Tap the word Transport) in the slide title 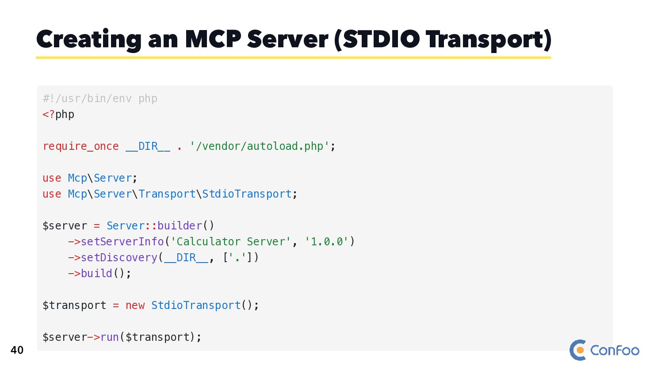click(489, 40)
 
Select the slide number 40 click(17, 350)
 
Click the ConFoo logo click(604, 350)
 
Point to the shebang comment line click(100, 99)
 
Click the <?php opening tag click(58, 114)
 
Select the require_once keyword click(80, 146)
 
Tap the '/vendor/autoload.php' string click(260, 146)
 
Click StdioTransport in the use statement click(247, 194)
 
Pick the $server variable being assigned click(65, 226)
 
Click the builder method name click(180, 226)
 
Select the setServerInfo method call click(122, 242)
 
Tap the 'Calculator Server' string click(230, 242)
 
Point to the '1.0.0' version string click(327, 242)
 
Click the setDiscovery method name click(119, 258)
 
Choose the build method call click(96, 274)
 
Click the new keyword click(135, 305)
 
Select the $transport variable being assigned click(74, 305)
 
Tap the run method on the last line click(110, 337)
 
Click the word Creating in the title click(88, 40)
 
